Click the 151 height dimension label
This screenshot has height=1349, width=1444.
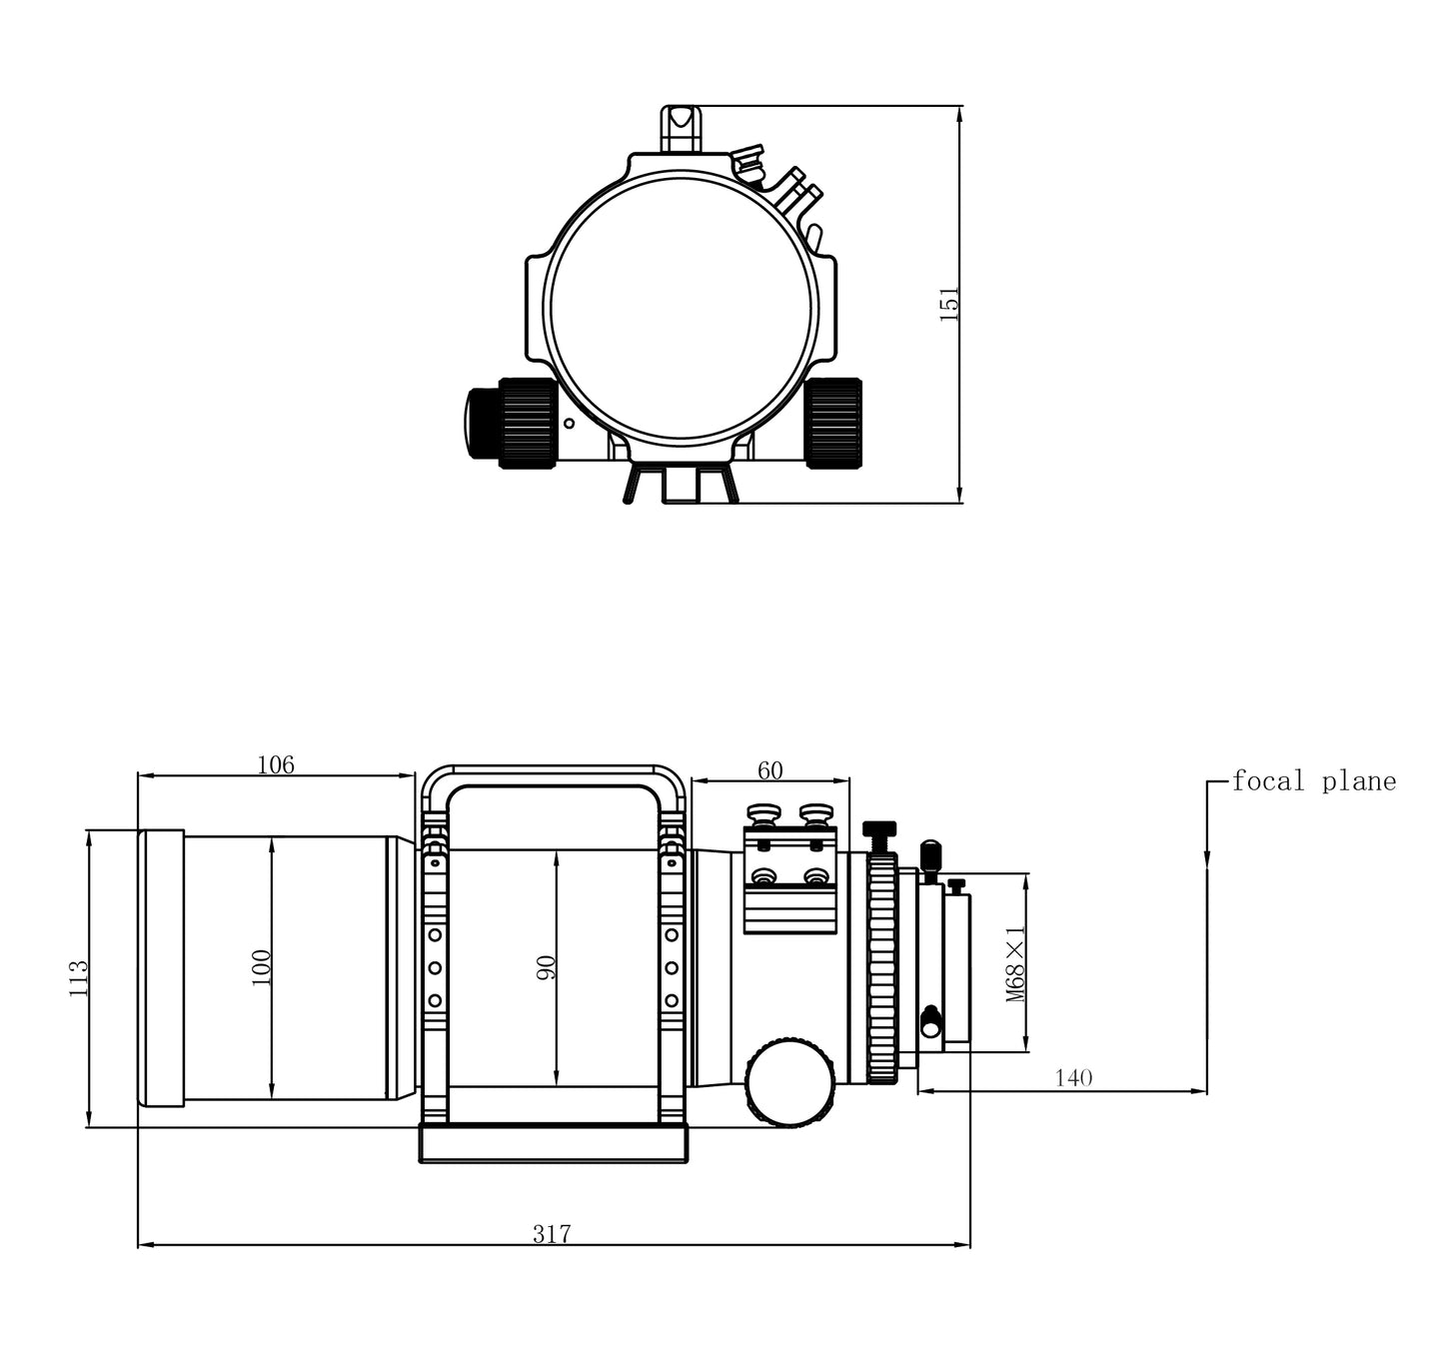pos(949,304)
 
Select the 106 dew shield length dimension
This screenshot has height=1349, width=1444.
pos(276,765)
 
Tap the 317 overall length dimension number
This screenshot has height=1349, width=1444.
pos(552,1234)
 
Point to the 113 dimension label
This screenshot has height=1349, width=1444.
pos(78,978)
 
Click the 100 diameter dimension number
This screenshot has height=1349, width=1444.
pos(261,967)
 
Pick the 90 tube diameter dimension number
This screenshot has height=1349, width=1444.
pos(546,967)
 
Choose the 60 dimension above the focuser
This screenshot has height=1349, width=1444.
pos(770,770)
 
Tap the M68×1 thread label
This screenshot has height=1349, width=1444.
pos(1015,963)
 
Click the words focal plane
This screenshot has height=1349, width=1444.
pos(1314,781)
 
